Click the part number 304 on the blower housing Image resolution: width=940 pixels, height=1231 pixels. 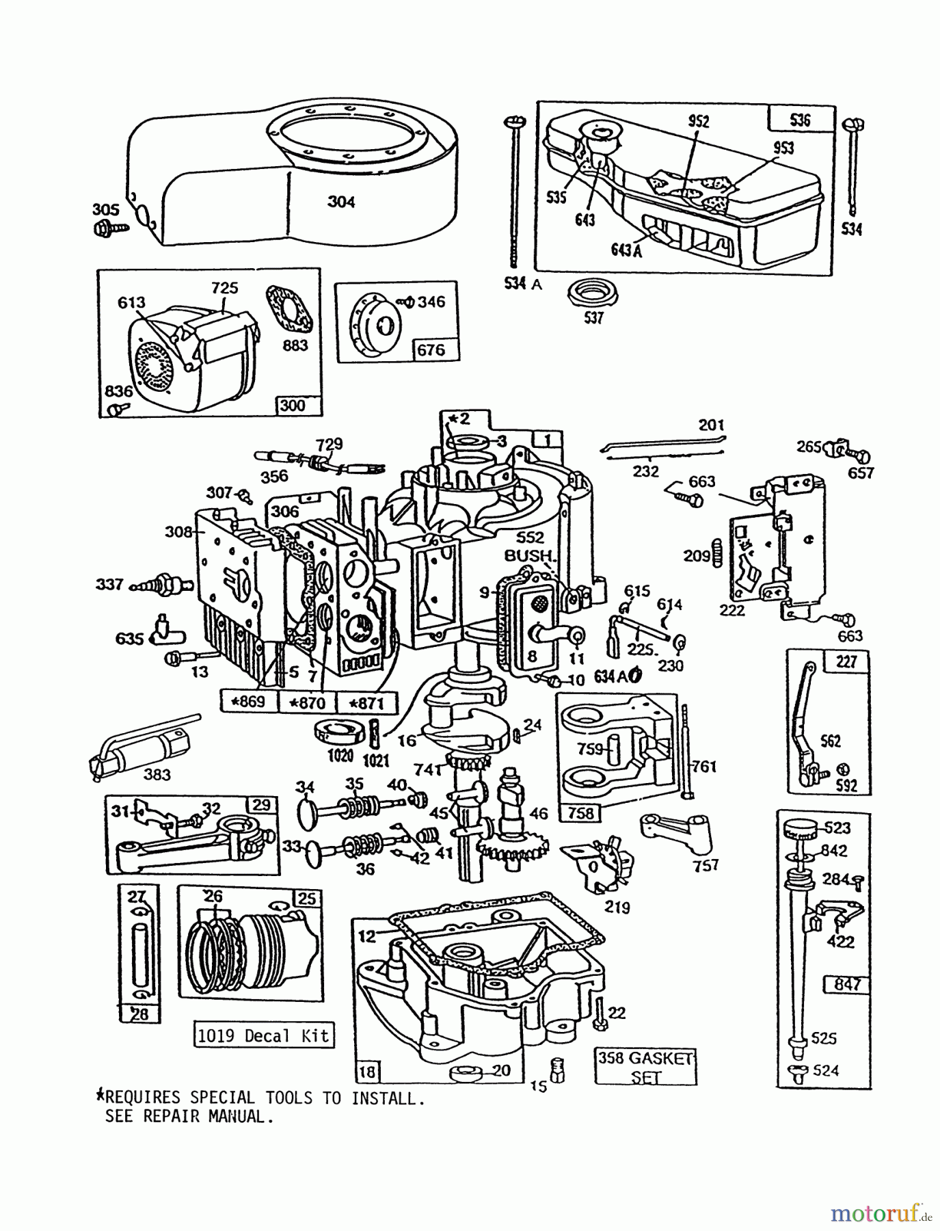click(341, 202)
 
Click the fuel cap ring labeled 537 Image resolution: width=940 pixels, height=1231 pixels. click(593, 294)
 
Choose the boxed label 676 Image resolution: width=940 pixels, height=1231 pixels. click(431, 350)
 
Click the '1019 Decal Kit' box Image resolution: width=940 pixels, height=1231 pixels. click(263, 1035)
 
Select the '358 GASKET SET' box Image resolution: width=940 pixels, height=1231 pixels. click(645, 1066)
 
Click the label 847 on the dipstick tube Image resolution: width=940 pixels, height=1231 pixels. click(846, 985)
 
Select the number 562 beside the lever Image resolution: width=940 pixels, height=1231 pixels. click(830, 741)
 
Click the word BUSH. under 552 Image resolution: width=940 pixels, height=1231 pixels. click(528, 555)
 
